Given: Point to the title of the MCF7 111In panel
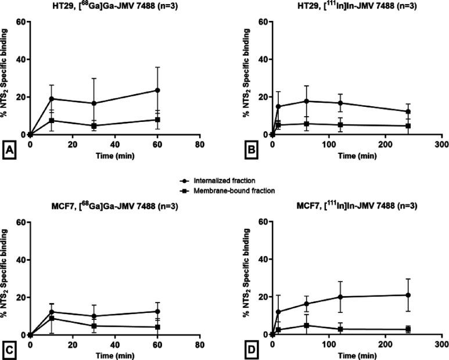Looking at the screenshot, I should tap(358, 206).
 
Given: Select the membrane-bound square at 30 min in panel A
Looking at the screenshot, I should tap(94, 125).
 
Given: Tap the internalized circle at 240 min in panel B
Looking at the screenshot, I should tap(408, 111).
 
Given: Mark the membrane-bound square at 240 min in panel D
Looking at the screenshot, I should tap(408, 329).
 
